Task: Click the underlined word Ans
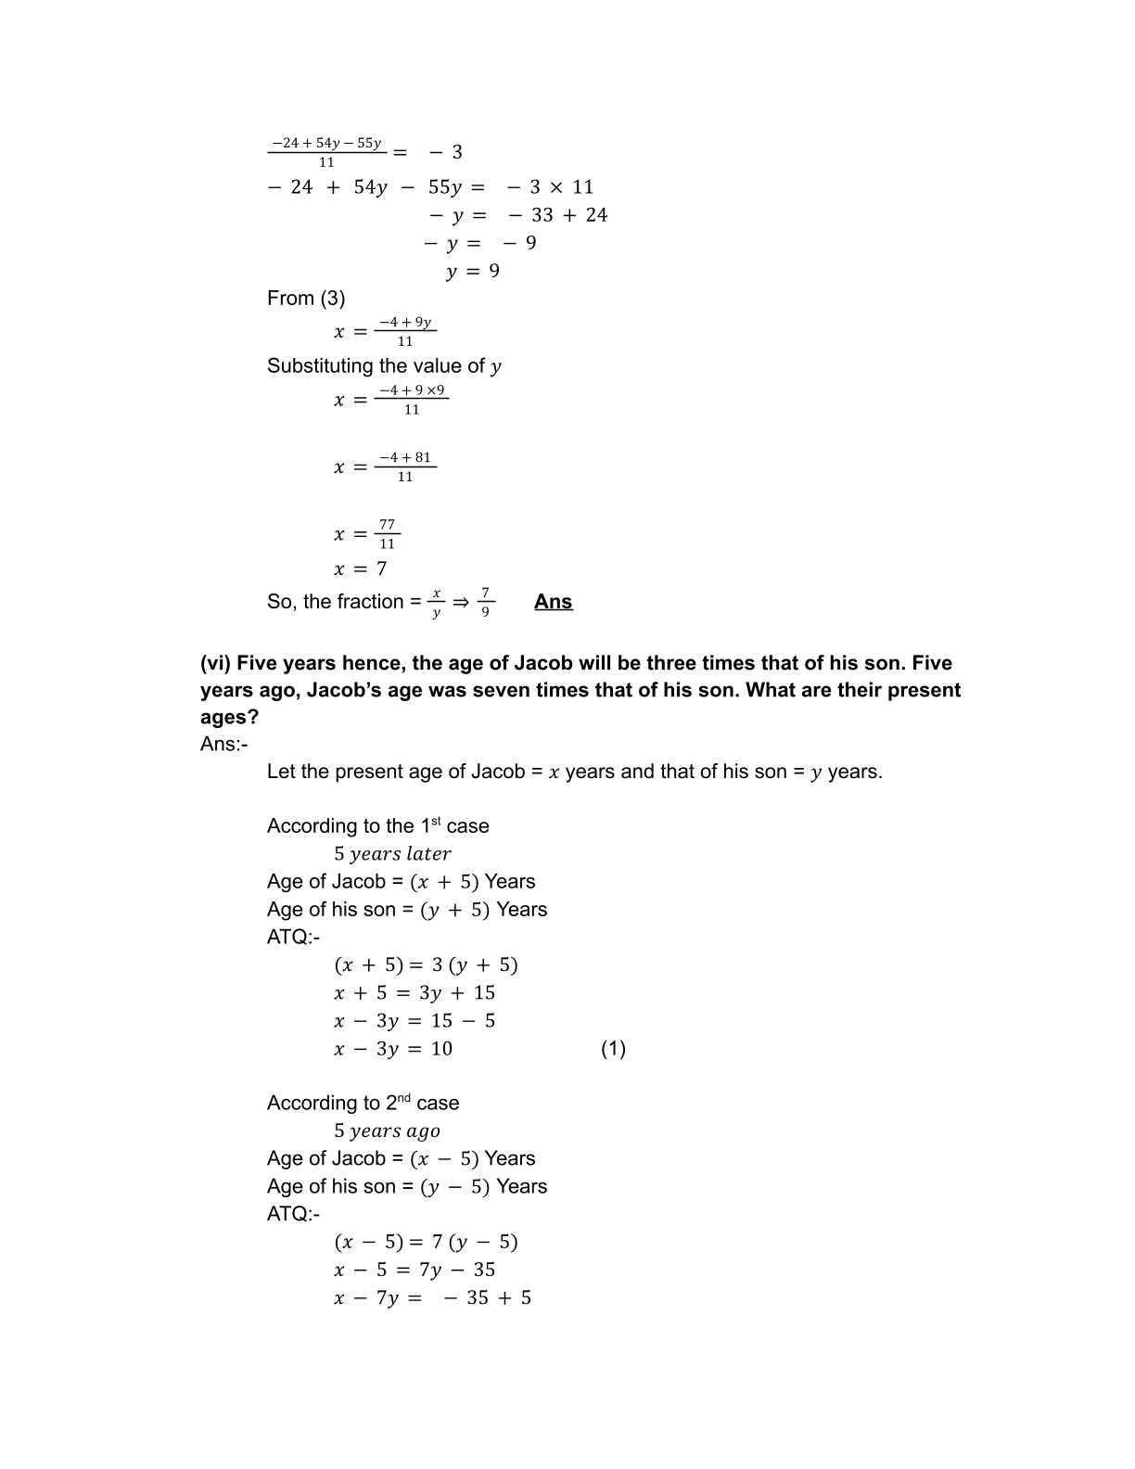click(x=553, y=602)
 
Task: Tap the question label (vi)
click(x=215, y=663)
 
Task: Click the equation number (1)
click(x=613, y=1049)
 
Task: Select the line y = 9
click(x=472, y=271)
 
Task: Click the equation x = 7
click(x=360, y=568)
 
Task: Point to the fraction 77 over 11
click(x=387, y=534)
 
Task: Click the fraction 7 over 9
click(x=485, y=602)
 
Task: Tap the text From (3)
click(x=306, y=299)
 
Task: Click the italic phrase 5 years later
click(x=392, y=854)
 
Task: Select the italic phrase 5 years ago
click(x=387, y=1130)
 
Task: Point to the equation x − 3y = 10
click(x=393, y=1049)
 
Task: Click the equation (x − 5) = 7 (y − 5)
click(x=426, y=1242)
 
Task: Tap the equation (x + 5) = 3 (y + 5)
click(x=426, y=965)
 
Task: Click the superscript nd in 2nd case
click(x=404, y=1098)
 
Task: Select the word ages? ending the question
click(x=229, y=717)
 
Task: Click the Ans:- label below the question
click(x=223, y=744)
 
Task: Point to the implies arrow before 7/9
click(x=461, y=602)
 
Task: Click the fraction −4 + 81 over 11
click(x=405, y=466)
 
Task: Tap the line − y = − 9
click(x=479, y=243)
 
